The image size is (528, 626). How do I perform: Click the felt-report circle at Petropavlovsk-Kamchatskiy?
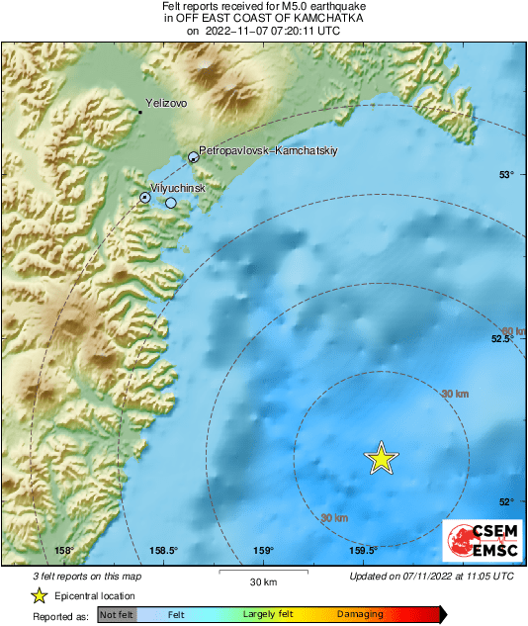coord(194,156)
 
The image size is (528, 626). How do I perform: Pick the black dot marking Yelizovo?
coord(140,113)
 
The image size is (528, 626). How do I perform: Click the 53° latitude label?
coord(506,175)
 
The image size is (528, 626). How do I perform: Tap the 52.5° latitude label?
coord(502,339)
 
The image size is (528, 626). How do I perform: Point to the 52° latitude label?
coord(506,501)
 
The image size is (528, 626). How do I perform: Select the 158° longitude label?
coord(65,551)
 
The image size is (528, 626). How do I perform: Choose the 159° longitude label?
coord(263,551)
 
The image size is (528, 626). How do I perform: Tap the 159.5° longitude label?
coord(363,551)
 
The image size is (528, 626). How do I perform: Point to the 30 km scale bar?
coord(263,572)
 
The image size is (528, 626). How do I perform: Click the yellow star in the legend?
coord(39,595)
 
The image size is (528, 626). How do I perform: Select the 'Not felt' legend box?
coord(116,614)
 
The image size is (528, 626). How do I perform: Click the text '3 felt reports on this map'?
coord(86,576)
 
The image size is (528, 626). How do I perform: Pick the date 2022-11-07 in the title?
coord(244,31)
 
